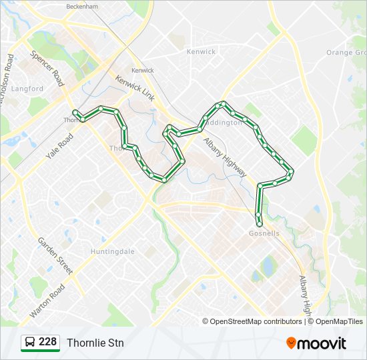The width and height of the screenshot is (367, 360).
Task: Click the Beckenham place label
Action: tap(82, 6)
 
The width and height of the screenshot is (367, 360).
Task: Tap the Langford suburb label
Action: tap(27, 89)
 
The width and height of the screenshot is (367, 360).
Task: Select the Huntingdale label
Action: tap(112, 251)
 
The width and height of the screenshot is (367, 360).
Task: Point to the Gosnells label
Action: tap(264, 234)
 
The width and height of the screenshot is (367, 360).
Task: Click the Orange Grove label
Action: tap(346, 53)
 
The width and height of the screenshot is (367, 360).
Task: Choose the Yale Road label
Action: tap(59, 147)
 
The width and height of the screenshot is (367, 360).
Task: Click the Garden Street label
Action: tap(55, 256)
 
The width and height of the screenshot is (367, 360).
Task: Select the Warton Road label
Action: tap(48, 301)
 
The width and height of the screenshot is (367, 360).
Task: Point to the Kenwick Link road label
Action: tap(135, 88)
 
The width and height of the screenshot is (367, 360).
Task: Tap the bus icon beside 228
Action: tap(29, 343)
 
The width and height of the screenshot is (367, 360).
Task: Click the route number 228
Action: tap(47, 342)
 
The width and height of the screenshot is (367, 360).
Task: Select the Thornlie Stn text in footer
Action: tap(95, 343)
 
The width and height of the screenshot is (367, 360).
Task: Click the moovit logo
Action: tap(316, 343)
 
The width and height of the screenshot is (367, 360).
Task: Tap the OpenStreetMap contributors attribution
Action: tap(256, 321)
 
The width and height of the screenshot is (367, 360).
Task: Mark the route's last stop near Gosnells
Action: tap(260, 224)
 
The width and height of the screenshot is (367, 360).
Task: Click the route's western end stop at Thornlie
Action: tap(75, 112)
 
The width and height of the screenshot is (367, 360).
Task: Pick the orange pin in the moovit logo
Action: tap(292, 343)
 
